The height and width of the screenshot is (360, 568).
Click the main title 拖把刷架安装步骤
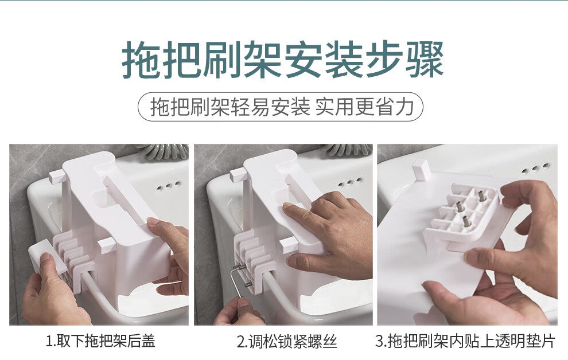(x=283, y=60)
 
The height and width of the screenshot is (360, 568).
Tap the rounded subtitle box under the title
(x=281, y=107)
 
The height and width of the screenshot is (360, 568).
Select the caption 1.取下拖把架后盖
(x=100, y=341)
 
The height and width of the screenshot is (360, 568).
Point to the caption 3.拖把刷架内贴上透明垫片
(x=465, y=341)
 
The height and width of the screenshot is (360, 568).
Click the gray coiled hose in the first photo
(x=162, y=151)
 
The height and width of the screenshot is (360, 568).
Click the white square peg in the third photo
(x=421, y=170)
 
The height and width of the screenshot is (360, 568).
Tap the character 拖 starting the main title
(x=141, y=60)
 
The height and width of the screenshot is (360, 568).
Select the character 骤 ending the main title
(x=425, y=60)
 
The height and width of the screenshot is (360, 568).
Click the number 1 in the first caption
(x=49, y=341)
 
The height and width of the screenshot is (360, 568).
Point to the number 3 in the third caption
(x=379, y=341)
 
